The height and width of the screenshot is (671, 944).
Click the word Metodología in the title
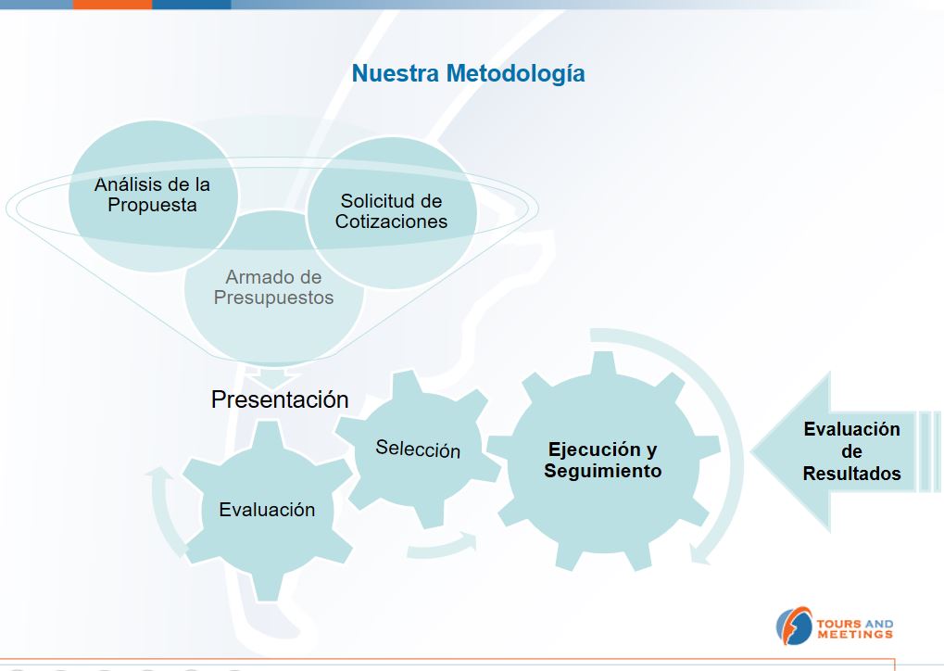tap(515, 74)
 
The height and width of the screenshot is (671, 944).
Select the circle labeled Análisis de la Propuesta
tap(153, 196)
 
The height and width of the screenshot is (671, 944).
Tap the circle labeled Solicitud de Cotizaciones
tap(392, 212)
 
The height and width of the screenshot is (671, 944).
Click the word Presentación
tap(280, 399)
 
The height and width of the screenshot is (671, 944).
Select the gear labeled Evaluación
tap(268, 510)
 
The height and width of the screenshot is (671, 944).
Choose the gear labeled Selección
tap(418, 449)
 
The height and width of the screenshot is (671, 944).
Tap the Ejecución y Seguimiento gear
tap(603, 461)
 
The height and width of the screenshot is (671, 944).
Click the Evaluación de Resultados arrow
tap(845, 451)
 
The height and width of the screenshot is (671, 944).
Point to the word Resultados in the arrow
tap(852, 474)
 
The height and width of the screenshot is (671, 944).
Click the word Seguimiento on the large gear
tap(603, 471)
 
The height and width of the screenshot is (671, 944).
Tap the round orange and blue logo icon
tap(794, 626)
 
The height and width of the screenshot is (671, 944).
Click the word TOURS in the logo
tap(837, 624)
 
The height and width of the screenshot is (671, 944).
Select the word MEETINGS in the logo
tap(855, 634)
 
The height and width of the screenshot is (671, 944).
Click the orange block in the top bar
tap(113, 5)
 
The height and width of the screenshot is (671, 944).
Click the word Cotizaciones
tap(391, 222)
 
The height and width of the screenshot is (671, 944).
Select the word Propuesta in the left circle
tap(152, 206)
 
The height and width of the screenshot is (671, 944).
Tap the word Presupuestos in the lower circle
tap(274, 298)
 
